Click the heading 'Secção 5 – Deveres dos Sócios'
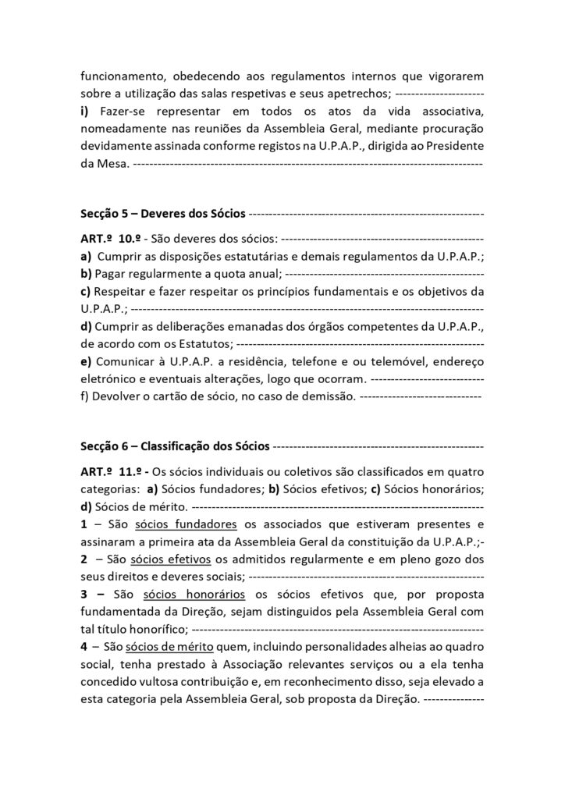(163, 213)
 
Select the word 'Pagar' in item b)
(111, 273)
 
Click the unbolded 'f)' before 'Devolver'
(84, 397)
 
